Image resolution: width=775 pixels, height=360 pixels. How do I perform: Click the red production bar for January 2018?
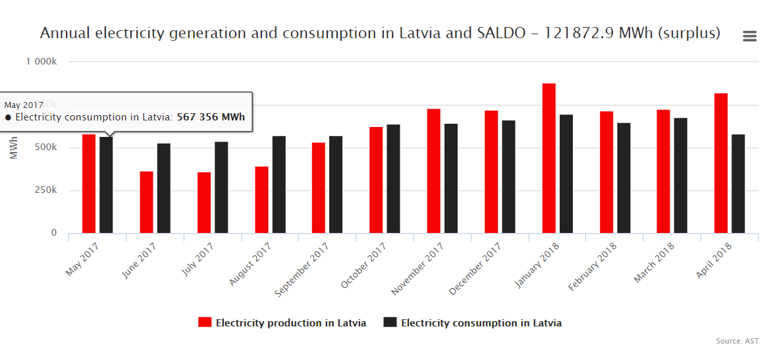548,158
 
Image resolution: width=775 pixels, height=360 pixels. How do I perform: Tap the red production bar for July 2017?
204,203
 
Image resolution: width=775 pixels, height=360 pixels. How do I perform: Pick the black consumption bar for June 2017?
164,188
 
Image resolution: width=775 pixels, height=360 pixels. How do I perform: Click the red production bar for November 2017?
434,170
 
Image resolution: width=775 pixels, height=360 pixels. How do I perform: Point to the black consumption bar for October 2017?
393,178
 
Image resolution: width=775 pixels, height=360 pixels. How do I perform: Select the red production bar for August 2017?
262,199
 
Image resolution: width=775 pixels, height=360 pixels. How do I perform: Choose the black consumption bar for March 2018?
680,175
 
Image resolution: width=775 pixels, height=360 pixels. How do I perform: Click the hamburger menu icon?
749,36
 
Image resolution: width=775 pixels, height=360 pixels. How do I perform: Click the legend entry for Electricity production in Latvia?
282,322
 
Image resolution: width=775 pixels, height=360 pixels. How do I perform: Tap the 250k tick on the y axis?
45,190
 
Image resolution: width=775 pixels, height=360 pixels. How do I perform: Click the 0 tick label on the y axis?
54,233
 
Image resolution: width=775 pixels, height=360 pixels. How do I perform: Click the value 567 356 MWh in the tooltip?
211,117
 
